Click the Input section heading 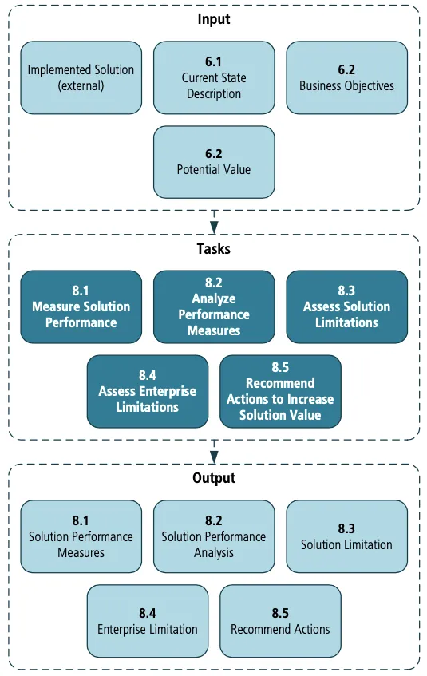click(x=213, y=19)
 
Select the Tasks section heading click(x=213, y=248)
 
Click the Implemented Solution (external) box click(x=81, y=77)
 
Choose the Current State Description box click(x=214, y=77)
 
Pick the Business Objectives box click(x=346, y=77)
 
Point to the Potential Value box click(x=214, y=161)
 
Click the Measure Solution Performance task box click(x=81, y=306)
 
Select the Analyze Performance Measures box click(x=214, y=306)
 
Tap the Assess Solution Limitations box click(x=346, y=306)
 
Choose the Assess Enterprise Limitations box click(x=148, y=391)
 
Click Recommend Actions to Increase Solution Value click(x=280, y=391)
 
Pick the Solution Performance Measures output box click(x=81, y=536)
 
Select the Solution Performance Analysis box click(x=214, y=536)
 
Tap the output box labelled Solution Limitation click(x=346, y=536)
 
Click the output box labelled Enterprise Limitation click(x=148, y=621)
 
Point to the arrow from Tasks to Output click(x=214, y=451)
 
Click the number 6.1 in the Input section click(x=214, y=61)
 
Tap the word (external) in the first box click(x=81, y=85)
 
